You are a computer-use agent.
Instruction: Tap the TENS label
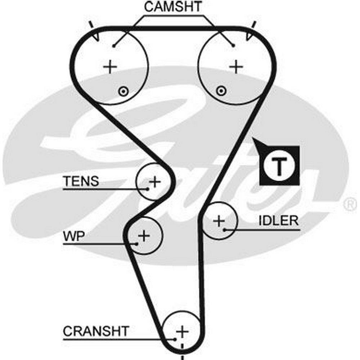[x=81, y=181]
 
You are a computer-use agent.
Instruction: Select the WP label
[x=74, y=237]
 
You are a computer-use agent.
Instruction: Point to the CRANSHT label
[x=96, y=331]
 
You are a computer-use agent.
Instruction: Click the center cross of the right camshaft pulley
[x=237, y=67]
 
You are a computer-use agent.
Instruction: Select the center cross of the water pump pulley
[x=144, y=236]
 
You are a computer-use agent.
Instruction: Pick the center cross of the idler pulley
[x=219, y=221]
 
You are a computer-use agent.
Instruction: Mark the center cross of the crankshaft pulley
[x=182, y=331]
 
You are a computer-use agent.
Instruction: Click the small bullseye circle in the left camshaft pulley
[x=123, y=91]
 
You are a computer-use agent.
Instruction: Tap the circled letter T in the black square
[x=279, y=165]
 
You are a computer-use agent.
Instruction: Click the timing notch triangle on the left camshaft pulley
[x=96, y=36]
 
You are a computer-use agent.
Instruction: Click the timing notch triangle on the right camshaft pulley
[x=249, y=36]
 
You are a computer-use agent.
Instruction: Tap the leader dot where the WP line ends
[x=137, y=244]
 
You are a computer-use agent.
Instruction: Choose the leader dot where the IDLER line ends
[x=224, y=229]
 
